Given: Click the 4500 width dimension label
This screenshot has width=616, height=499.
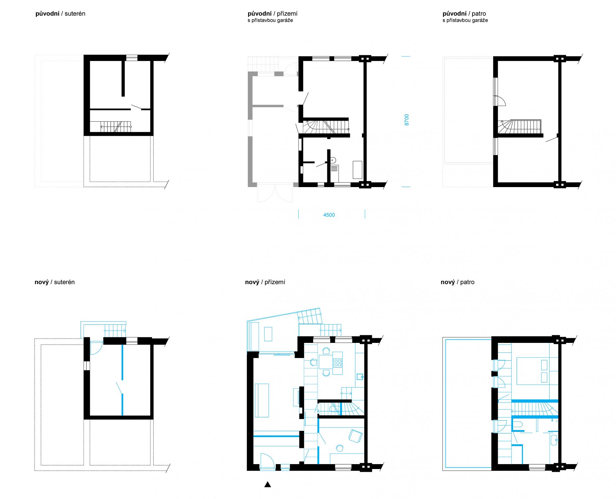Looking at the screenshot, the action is pos(329,215).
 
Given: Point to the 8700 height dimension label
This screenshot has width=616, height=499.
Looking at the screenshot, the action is pos(407,120).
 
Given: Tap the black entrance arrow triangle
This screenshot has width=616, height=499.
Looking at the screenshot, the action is pos(268,484).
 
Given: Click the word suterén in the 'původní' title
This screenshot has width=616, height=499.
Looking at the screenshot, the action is pos(75,14).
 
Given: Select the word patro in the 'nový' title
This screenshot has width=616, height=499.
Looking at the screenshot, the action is pos(467,282).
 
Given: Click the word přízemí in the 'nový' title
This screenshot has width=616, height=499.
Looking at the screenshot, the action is pos(275,282).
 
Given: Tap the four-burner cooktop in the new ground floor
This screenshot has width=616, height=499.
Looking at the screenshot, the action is pos(338,363).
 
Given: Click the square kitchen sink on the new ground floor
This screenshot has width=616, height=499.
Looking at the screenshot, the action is pos(360,376).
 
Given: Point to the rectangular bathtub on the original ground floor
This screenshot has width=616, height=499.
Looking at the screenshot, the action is pos(357,170).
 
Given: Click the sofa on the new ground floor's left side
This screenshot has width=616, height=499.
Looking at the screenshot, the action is pos(262,401).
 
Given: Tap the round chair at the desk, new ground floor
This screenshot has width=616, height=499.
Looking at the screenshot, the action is pos(340,448).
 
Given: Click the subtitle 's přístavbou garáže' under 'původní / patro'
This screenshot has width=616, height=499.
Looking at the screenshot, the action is pos(465,20).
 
